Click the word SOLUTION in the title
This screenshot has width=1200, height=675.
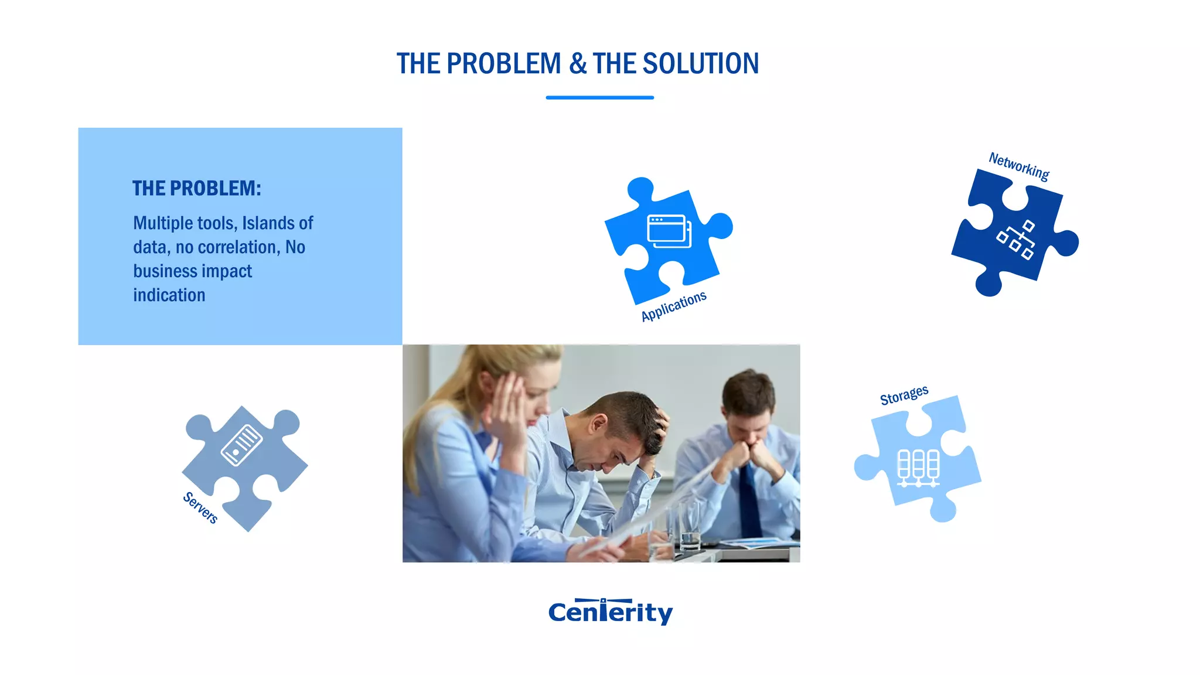700,64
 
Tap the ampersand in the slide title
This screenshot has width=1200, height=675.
577,64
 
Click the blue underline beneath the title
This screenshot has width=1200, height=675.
599,98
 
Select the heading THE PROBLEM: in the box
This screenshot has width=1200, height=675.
196,189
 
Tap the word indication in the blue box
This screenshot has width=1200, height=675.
169,295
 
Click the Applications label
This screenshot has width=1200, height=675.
674,306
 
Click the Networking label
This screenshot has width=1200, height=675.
1019,166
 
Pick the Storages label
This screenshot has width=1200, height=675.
904,395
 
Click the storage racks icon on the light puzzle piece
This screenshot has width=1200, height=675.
918,468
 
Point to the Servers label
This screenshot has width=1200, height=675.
200,507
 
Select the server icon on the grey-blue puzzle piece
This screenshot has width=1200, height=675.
241,445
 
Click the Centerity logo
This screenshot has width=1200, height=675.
611,612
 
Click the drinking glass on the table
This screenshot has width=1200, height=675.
690,524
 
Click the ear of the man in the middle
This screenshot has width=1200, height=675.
599,424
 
